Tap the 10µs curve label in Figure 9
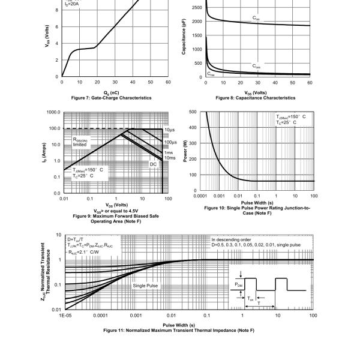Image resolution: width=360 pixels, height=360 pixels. coord(169,130)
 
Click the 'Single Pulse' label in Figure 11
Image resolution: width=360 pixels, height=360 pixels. coord(145,286)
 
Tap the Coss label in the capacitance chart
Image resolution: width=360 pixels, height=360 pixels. coord(256,66)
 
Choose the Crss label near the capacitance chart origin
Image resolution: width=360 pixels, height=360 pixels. coord(211,74)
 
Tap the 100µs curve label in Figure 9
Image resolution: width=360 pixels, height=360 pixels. coord(170,142)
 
